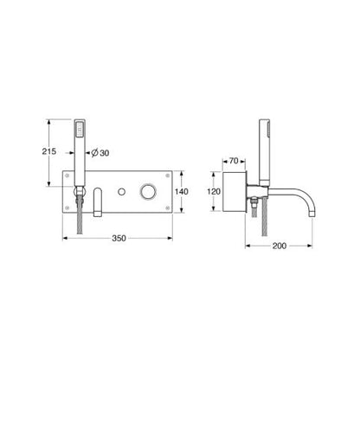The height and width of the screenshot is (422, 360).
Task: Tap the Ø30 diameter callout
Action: point(100,154)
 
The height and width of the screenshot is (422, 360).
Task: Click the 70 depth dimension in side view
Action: point(234,162)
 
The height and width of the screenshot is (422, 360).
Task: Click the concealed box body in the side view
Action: point(235,191)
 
